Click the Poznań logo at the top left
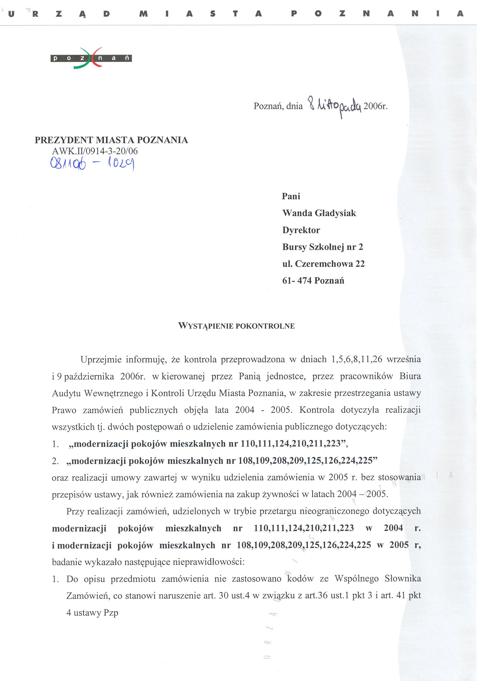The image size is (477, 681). click(x=91, y=58)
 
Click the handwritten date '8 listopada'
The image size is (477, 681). click(x=335, y=107)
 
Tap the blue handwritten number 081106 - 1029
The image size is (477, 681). click(x=92, y=163)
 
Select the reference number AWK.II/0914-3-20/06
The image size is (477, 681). click(x=95, y=151)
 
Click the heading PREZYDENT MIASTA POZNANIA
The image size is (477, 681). click(x=111, y=140)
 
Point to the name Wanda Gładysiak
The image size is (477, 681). click(x=319, y=213)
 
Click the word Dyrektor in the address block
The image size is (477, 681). click(x=301, y=230)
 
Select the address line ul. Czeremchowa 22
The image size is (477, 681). click(x=323, y=264)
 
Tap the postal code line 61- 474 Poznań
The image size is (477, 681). click(x=313, y=280)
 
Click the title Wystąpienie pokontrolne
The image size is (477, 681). click(x=236, y=326)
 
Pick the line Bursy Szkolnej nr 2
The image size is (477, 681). click(x=323, y=247)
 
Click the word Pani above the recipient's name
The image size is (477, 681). click(x=291, y=196)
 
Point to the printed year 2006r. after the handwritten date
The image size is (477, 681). click(x=375, y=106)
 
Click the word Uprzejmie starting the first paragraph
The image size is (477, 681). click(x=101, y=359)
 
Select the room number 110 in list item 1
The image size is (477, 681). click(x=247, y=444)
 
